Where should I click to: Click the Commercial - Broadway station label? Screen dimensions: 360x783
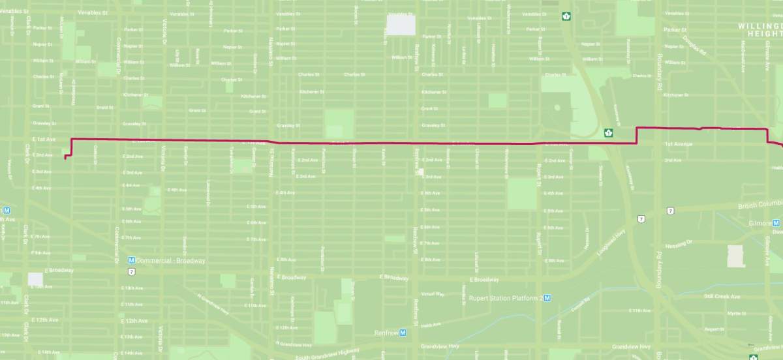coord(171,260)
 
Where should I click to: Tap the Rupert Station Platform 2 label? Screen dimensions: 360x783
coord(506,298)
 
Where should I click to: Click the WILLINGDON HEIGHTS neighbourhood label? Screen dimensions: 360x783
coord(760,29)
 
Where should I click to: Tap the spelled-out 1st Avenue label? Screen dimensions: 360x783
coord(678,143)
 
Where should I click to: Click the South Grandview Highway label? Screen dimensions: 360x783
coord(327,352)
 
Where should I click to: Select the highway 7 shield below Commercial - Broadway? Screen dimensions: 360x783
coord(132,271)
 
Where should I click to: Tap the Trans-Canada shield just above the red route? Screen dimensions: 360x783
coord(609,132)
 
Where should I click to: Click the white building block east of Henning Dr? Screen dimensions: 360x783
coord(736,256)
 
